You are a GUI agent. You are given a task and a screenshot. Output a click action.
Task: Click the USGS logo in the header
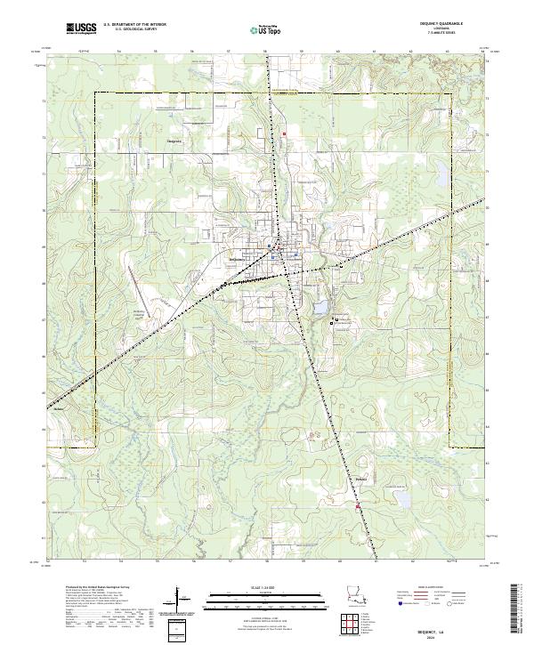pos(81,28)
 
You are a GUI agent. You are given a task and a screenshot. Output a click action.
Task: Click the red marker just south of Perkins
pos(359,507)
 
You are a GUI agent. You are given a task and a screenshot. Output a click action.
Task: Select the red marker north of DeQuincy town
pos(284,134)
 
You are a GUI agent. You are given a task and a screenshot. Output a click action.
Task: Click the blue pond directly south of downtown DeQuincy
pos(317,309)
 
